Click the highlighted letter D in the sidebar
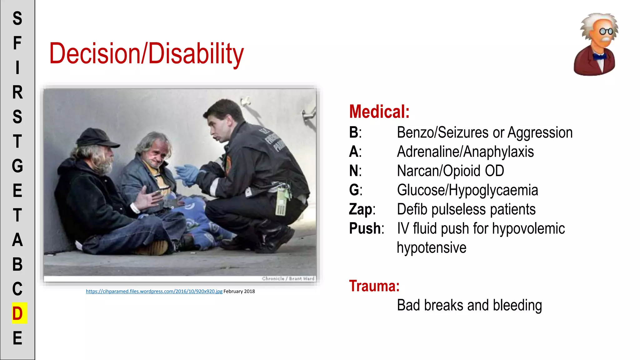coord(17,313)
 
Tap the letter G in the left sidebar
coord(17,166)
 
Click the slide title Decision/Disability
coord(146,54)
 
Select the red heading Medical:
coord(379,112)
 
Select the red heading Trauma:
coord(374,286)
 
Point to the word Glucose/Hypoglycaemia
coord(467,190)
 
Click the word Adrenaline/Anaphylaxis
coord(465,152)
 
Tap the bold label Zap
coord(361,209)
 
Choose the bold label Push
coord(365,228)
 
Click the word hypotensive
coord(431,248)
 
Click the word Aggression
coord(540,132)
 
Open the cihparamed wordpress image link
coord(154,291)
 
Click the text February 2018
coord(239,291)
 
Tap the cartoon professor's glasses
coord(606,31)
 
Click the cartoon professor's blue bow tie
coord(599,57)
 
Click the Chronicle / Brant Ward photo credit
coord(288,278)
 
